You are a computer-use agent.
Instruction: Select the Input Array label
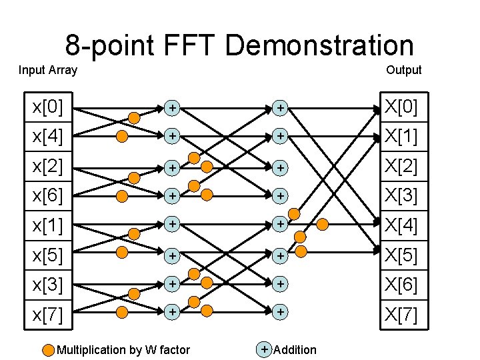48,70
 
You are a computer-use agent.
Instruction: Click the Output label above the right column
403,70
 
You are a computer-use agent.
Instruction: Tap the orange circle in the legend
48,349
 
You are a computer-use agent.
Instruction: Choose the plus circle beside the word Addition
265,349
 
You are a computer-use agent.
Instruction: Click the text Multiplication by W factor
123,350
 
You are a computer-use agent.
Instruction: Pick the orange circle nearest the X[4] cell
323,225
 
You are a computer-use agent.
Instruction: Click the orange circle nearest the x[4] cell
122,137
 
